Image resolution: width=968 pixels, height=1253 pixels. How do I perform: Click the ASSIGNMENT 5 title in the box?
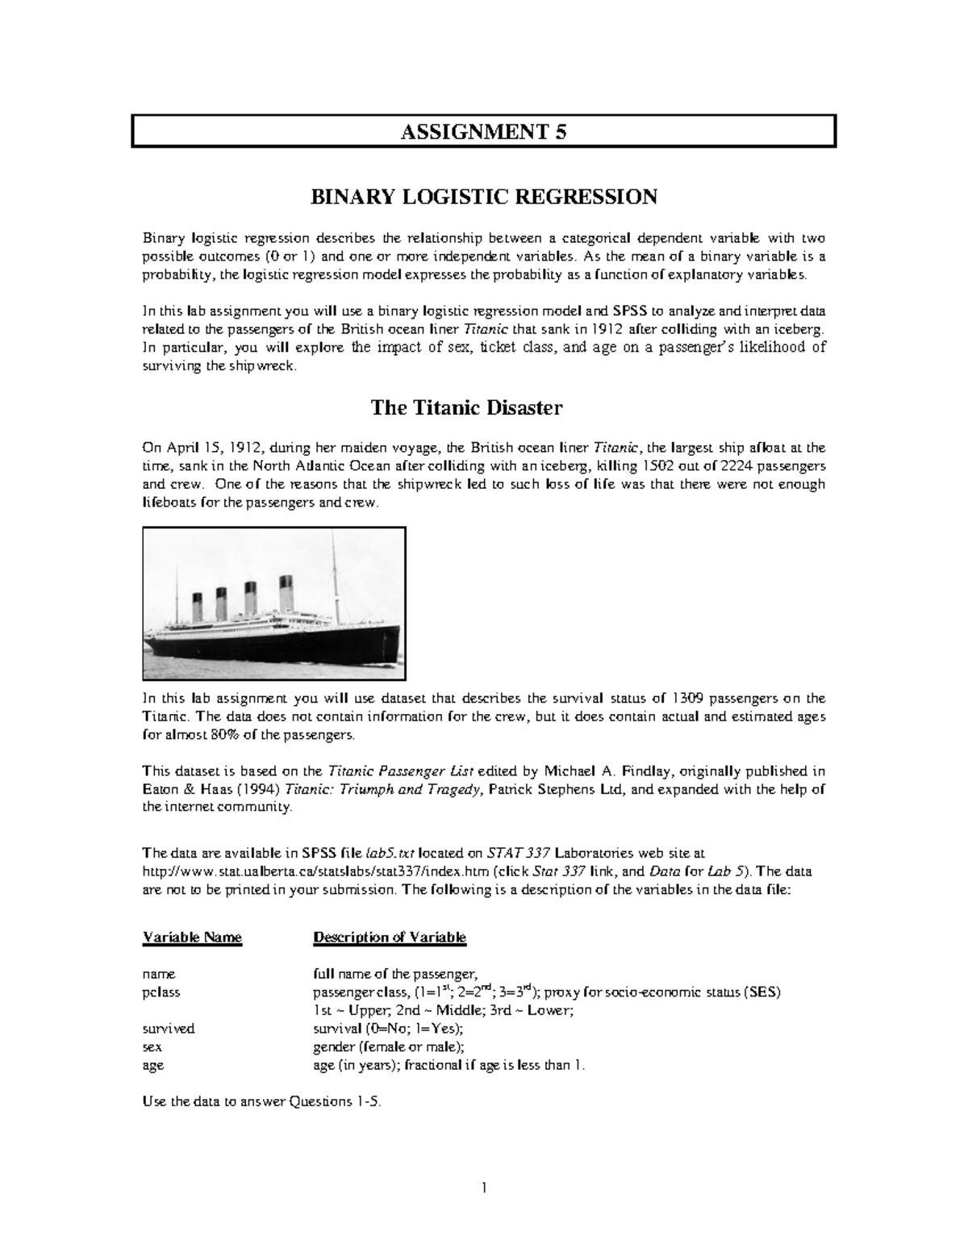click(x=484, y=132)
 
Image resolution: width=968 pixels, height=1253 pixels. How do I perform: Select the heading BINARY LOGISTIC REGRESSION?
click(x=484, y=197)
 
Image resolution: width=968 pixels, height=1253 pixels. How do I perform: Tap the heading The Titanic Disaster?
click(x=466, y=407)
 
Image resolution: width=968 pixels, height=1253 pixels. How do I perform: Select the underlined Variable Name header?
click(x=192, y=938)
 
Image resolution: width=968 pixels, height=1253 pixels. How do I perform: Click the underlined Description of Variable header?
click(x=390, y=938)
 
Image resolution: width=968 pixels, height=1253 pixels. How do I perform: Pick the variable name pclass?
click(x=161, y=992)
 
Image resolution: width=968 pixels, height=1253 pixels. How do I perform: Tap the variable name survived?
click(x=169, y=1029)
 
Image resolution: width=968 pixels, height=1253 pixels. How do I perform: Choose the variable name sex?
click(x=152, y=1047)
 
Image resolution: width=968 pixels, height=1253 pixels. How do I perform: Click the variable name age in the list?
click(x=152, y=1065)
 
